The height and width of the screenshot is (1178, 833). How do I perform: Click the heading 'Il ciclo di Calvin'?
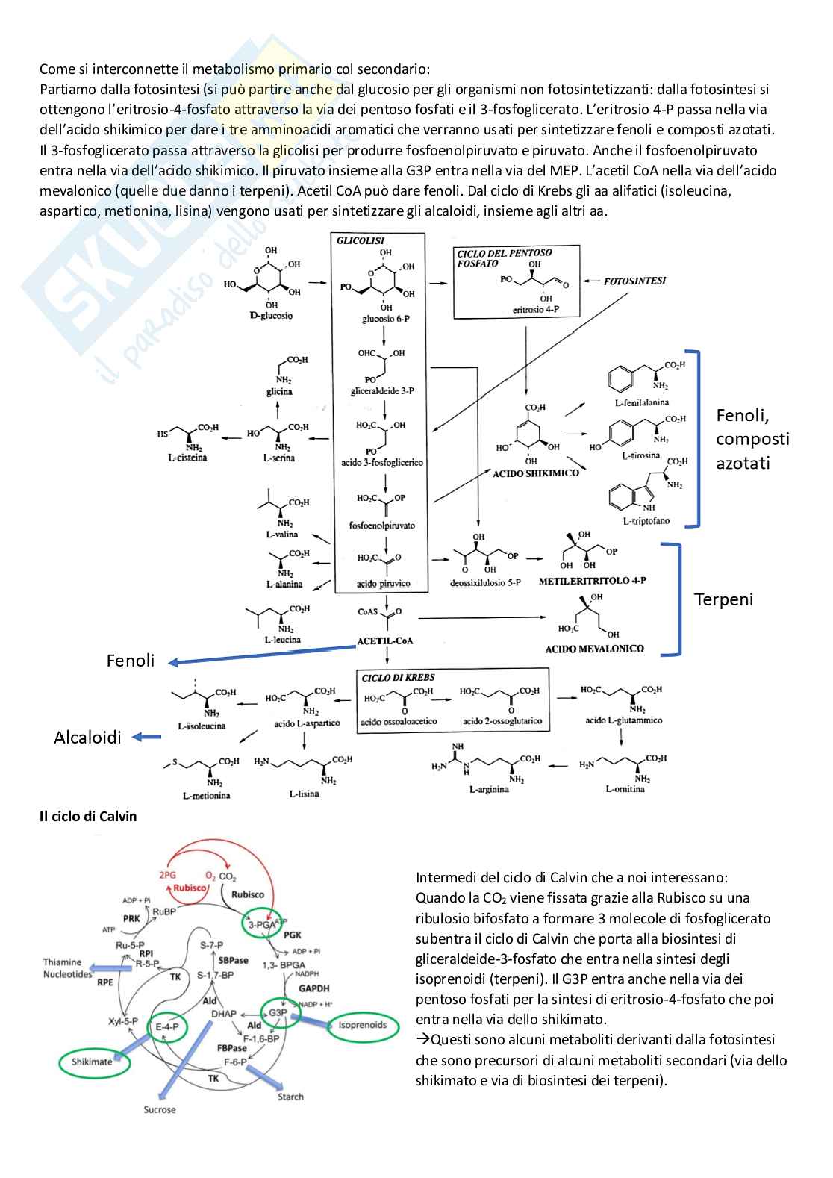[x=88, y=816]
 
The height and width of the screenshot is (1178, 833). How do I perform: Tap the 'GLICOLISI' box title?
[x=361, y=240]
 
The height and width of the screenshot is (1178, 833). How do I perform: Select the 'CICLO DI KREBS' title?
[x=398, y=677]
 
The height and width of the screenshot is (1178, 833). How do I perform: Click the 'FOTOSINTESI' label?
[x=634, y=281]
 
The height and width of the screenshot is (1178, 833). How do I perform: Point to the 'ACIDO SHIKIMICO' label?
[x=535, y=473]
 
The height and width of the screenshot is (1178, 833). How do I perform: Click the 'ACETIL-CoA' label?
[x=384, y=641]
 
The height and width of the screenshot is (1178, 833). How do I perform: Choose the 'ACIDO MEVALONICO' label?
[x=594, y=649]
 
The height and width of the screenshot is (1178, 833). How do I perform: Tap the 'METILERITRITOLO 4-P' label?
[x=592, y=580]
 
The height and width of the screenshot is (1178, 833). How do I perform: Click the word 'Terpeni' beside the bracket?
[x=723, y=599]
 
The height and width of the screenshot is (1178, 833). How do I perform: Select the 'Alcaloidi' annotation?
[x=87, y=738]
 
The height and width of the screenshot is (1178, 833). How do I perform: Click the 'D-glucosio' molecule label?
[x=271, y=316]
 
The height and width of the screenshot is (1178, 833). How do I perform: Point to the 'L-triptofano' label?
[x=646, y=520]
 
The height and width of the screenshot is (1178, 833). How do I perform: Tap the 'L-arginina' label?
[x=489, y=789]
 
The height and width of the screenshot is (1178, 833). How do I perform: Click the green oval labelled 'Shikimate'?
[x=92, y=1062]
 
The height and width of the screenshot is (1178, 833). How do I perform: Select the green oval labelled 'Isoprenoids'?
[x=363, y=1025]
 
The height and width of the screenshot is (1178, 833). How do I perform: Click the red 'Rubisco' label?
[x=190, y=888]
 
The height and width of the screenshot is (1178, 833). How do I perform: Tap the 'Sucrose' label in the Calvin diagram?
[x=160, y=1109]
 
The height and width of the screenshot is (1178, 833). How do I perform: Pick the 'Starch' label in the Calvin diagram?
[x=290, y=1097]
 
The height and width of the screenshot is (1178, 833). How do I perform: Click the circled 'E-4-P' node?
[x=166, y=1027]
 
